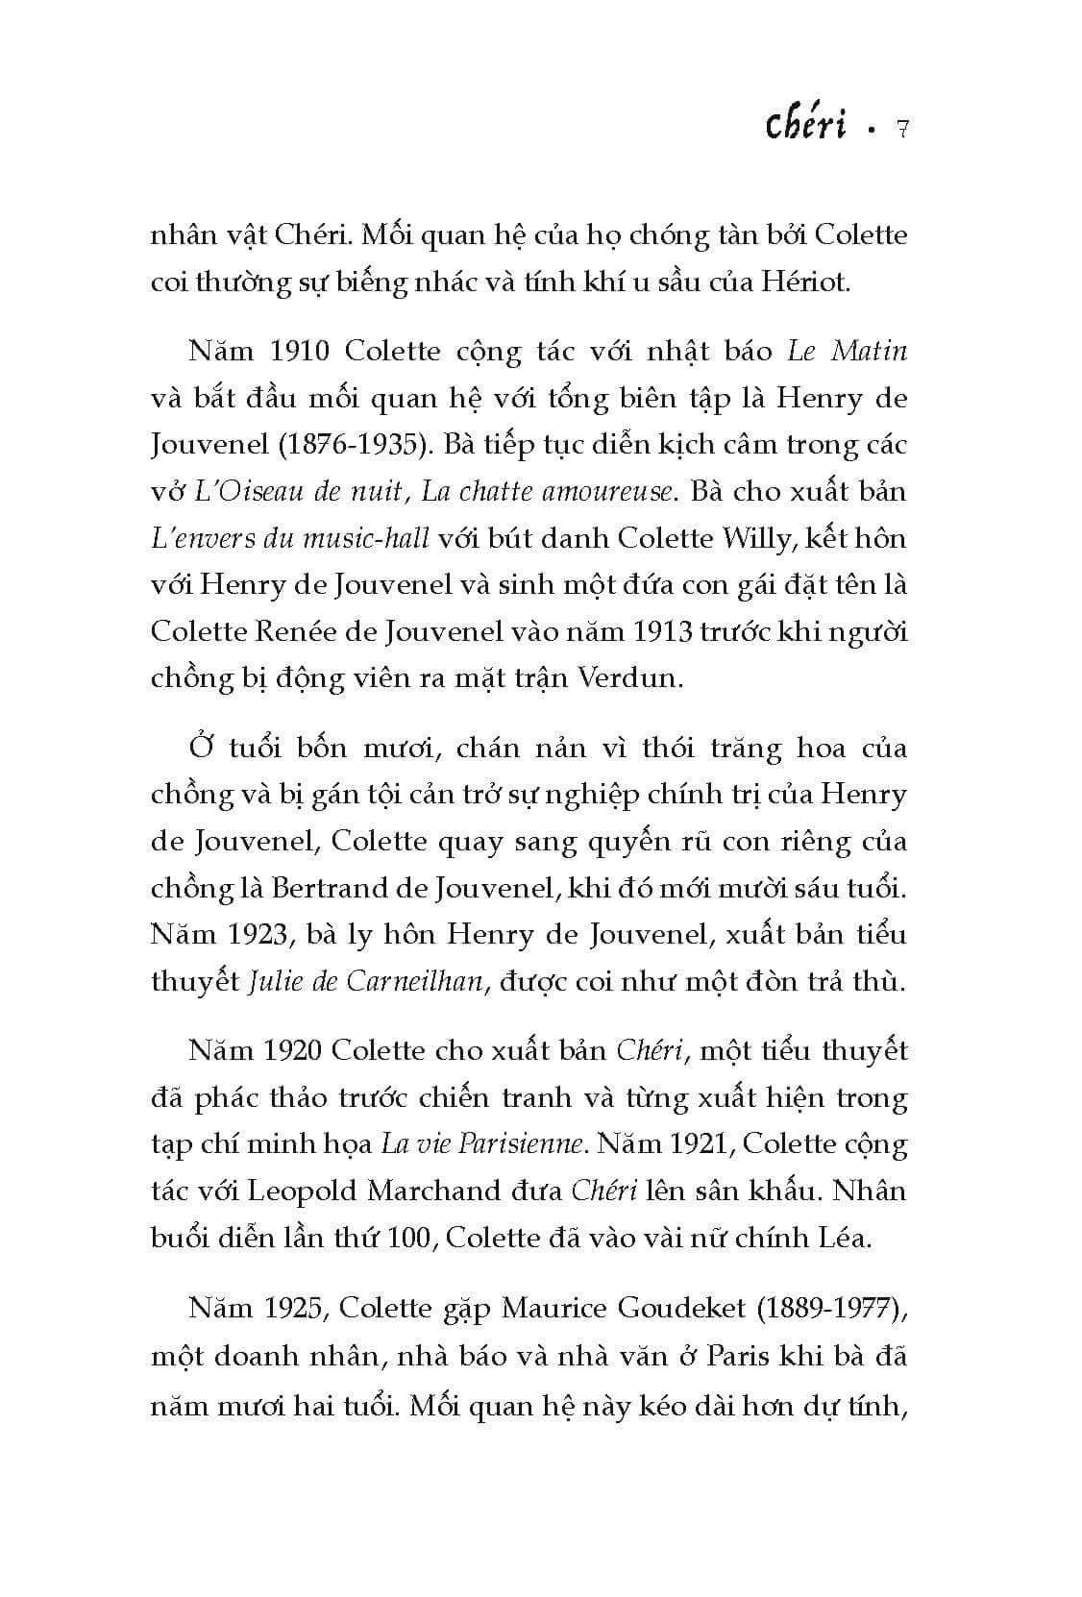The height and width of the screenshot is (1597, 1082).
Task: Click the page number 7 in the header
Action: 901,129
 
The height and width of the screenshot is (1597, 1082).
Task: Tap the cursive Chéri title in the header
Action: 806,125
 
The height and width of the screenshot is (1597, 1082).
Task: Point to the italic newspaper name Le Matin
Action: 847,351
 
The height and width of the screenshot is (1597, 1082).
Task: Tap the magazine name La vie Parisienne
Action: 481,1144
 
